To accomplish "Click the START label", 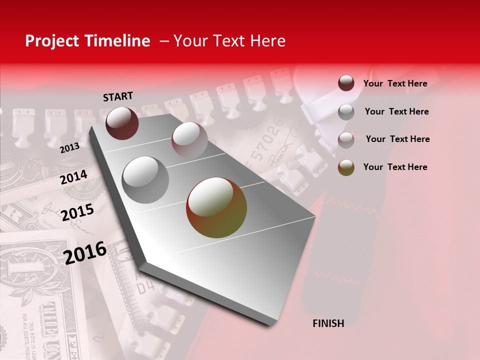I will coord(118,96).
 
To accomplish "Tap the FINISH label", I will coord(328,323).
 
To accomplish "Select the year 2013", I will coord(69,147).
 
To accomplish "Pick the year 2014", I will coord(73,177).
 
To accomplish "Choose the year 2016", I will coord(85,253).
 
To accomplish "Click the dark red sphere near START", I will coord(122,123).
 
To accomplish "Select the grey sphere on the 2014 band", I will coord(145,180).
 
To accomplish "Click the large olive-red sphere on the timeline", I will coord(216,207).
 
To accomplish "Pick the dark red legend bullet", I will coord(346,83).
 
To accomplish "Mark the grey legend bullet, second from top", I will coord(346,112).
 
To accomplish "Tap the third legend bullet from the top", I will coord(346,140).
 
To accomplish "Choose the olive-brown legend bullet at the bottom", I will coord(346,167).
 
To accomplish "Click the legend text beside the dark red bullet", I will coord(395,83).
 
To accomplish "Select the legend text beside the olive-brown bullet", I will coord(395,167).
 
